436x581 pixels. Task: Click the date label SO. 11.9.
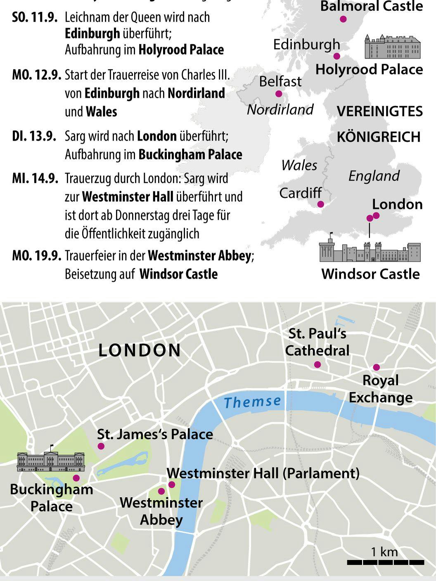35,18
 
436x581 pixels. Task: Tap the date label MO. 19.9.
37,256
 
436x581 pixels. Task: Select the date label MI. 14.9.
35,178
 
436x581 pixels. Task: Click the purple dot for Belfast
279,94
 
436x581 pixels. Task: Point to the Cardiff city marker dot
320,204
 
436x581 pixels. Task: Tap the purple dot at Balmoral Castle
343,19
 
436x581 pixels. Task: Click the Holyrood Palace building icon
392,47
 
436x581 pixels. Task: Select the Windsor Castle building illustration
370,250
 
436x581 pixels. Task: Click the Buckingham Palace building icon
51,461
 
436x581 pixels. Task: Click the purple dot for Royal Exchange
376,367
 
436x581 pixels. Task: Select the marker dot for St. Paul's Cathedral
317,364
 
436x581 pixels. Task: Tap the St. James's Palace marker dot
101,446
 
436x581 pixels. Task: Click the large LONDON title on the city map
140,350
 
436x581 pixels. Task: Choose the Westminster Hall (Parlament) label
263,473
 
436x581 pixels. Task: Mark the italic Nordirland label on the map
280,109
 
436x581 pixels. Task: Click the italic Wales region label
299,165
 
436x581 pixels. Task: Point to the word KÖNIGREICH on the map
378,137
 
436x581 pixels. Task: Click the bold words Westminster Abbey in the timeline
199,256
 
